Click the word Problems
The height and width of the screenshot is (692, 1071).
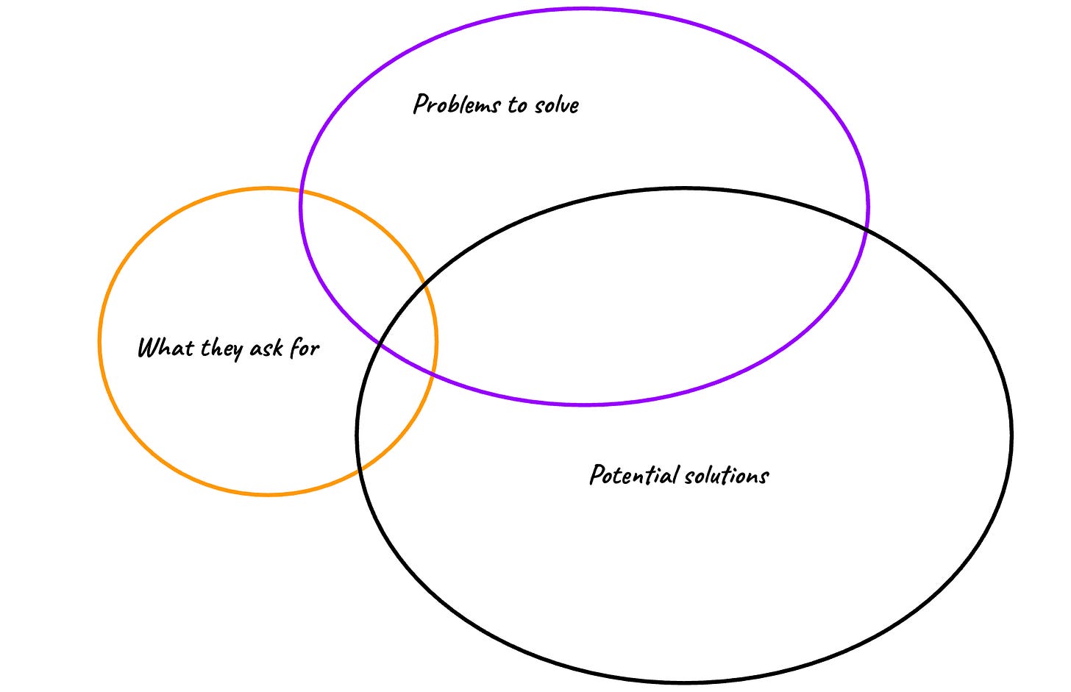(x=457, y=104)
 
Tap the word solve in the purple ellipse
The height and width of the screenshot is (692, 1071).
(x=557, y=105)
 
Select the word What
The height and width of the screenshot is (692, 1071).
(x=166, y=347)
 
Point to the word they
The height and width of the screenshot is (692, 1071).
(x=222, y=349)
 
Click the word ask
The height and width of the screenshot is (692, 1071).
(x=266, y=348)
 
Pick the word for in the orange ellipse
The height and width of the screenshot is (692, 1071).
(x=304, y=347)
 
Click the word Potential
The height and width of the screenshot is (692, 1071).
(x=635, y=474)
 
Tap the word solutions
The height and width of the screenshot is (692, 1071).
(x=727, y=476)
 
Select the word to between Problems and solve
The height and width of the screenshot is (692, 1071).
(x=517, y=105)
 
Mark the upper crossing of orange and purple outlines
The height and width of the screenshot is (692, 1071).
(x=302, y=190)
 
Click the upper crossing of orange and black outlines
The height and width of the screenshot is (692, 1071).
(x=424, y=287)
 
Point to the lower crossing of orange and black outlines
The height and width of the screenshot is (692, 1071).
(x=360, y=470)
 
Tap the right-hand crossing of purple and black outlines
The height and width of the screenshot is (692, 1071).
(x=866, y=230)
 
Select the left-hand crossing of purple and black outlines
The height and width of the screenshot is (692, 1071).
(x=379, y=343)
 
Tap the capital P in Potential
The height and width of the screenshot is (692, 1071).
(x=597, y=474)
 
